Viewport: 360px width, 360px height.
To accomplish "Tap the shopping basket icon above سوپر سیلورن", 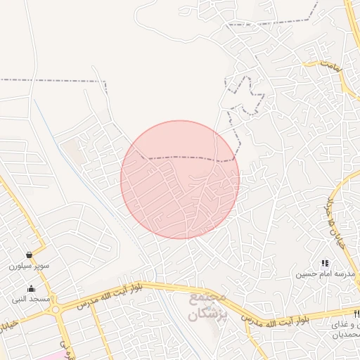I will pos(29,255).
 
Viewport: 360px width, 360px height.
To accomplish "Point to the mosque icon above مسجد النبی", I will pos(31,288).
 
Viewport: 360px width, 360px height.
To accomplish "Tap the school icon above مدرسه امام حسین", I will pos(325,263).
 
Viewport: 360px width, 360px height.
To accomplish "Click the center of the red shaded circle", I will pos(180,180).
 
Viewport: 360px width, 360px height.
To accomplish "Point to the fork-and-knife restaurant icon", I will pos(356,313).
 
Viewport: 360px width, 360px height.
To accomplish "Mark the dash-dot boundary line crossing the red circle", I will pos(183,157).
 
